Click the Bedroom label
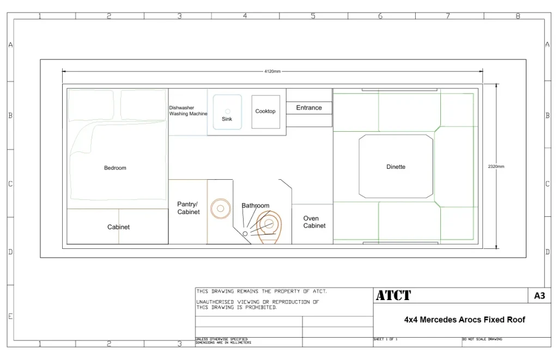[115, 168]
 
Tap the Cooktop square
[265, 112]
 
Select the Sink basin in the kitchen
[227, 112]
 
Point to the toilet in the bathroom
[269, 227]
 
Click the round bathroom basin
[221, 209]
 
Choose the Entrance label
[309, 107]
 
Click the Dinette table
[396, 166]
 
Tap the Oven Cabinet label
[314, 222]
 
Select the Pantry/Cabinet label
[189, 208]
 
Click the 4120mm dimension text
[272, 71]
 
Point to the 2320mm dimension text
[496, 166]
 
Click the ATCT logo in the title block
[393, 295]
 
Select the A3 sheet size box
[539, 296]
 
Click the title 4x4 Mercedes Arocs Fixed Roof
[464, 320]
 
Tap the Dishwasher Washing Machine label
[188, 111]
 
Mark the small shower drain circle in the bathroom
[245, 234]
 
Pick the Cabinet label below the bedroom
[118, 227]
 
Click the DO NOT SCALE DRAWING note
[482, 339]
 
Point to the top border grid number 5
[313, 16]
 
